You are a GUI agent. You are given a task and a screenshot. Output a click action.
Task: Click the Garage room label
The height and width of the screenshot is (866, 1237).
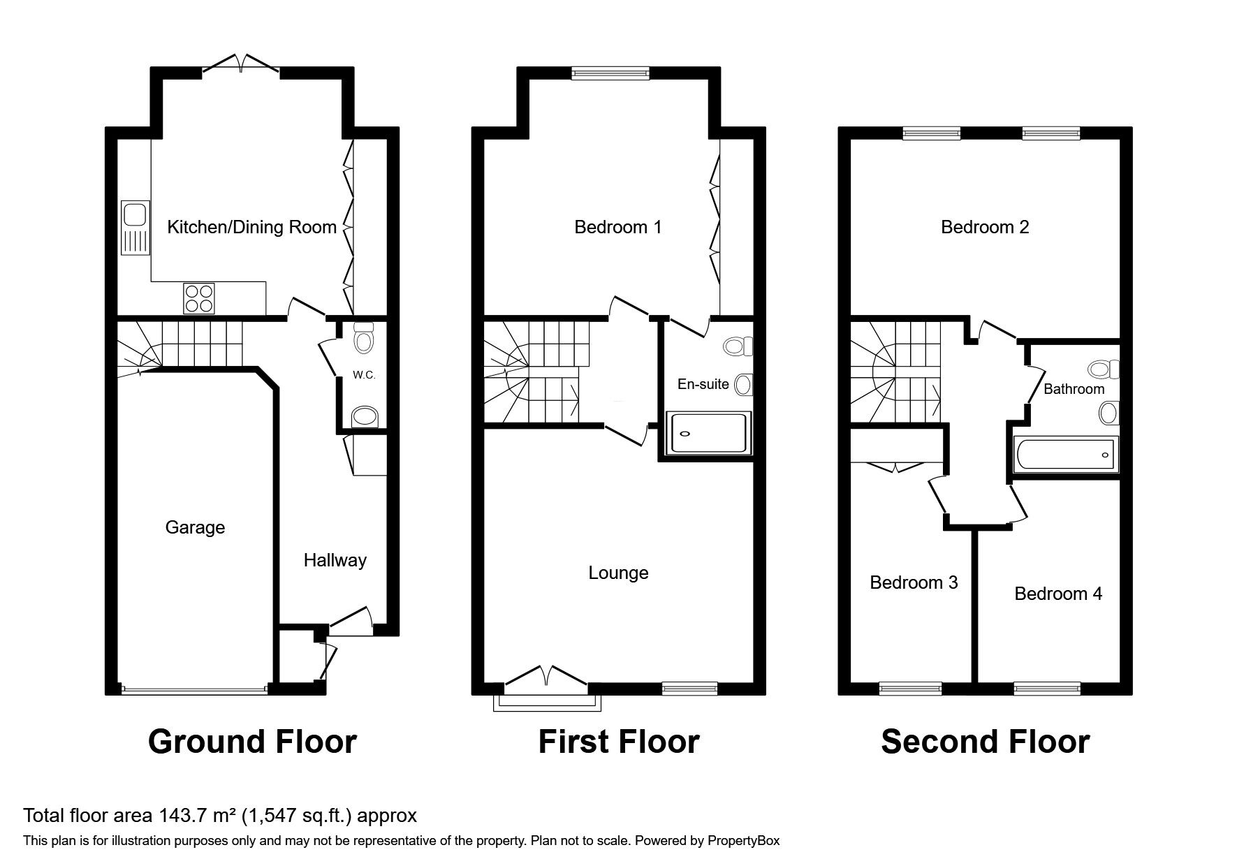click(x=195, y=527)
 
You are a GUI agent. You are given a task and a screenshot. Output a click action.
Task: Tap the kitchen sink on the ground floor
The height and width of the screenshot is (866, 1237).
click(x=136, y=227)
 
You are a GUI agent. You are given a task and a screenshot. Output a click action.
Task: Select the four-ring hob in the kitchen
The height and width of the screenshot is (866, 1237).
click(x=199, y=298)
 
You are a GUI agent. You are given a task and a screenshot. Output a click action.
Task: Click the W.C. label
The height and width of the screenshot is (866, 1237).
click(x=364, y=375)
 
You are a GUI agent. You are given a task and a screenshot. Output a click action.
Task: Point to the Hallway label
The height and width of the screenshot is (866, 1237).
click(x=335, y=560)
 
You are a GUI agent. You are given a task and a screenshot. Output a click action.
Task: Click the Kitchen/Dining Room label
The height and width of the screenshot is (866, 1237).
click(x=251, y=227)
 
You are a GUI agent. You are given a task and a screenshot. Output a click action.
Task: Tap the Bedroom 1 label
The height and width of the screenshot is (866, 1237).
click(x=617, y=227)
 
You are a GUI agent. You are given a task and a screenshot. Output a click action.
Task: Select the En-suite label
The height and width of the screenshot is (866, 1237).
click(x=703, y=384)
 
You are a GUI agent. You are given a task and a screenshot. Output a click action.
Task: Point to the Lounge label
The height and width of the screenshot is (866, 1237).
click(x=618, y=573)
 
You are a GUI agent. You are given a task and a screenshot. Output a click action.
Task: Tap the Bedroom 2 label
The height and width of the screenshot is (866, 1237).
click(x=985, y=227)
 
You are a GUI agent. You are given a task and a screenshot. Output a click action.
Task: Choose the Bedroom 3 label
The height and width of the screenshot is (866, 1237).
click(x=914, y=582)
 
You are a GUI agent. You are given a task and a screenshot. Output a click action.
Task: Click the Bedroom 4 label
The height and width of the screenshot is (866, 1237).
click(x=1058, y=594)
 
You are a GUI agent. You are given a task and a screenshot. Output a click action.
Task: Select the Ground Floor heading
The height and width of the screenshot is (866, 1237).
click(x=252, y=742)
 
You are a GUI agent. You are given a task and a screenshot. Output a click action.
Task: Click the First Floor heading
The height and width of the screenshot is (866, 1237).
click(x=619, y=742)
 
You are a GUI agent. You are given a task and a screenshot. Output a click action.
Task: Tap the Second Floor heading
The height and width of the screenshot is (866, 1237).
click(x=985, y=742)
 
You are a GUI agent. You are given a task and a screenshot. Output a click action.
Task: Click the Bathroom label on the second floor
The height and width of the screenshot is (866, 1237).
click(x=1074, y=389)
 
